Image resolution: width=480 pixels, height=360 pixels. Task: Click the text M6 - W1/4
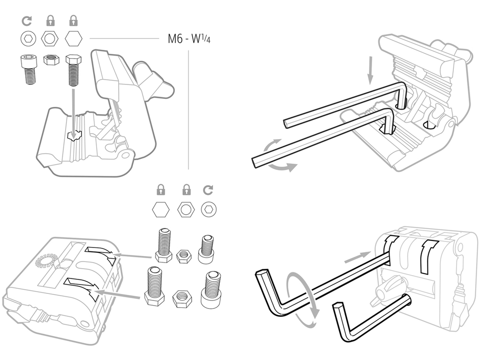point(189,39)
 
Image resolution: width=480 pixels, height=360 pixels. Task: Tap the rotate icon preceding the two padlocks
point(27,21)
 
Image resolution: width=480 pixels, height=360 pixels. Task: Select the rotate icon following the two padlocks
point(208,190)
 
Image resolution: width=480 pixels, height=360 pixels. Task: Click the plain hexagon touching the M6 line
point(74,38)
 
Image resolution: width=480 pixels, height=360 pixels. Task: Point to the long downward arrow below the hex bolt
point(74,110)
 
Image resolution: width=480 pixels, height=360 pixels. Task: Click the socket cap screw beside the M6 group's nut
point(29,69)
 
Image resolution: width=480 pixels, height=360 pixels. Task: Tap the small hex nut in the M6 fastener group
point(50,60)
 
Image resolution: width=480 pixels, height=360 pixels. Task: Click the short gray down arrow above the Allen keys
point(371,70)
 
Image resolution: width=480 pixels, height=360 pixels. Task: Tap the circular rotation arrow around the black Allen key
point(304,300)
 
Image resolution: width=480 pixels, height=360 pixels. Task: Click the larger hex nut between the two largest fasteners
point(182,298)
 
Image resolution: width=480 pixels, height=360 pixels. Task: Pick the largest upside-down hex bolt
point(155,286)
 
